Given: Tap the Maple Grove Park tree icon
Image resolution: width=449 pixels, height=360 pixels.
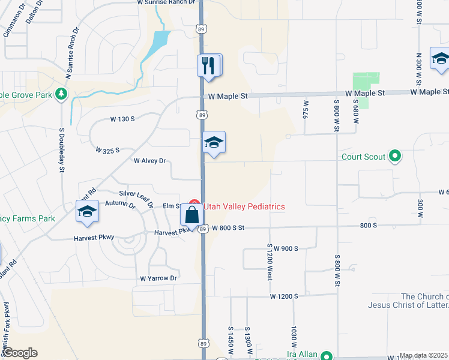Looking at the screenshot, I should point(60,94).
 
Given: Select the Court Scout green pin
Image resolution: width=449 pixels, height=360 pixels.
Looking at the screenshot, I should point(394,157).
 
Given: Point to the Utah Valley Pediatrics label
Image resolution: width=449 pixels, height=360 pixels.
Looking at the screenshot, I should point(244,206).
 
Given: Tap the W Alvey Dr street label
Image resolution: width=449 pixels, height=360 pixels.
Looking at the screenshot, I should point(149,161).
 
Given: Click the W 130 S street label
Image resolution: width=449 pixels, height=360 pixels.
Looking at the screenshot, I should point(122,119).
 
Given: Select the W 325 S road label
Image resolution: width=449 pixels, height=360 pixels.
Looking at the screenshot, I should point(108,149).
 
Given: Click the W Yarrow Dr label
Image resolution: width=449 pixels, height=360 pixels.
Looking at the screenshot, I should point(158,278).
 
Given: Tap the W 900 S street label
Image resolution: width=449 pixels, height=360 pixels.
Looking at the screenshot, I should point(282,248).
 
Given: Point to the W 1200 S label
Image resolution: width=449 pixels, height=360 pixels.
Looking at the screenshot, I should point(284,296).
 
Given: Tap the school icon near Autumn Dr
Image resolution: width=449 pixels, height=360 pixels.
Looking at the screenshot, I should point(87,212).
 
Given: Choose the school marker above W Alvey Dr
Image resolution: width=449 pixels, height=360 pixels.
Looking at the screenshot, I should point(214,143).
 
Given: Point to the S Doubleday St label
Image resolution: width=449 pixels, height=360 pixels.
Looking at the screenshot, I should point(61,150).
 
